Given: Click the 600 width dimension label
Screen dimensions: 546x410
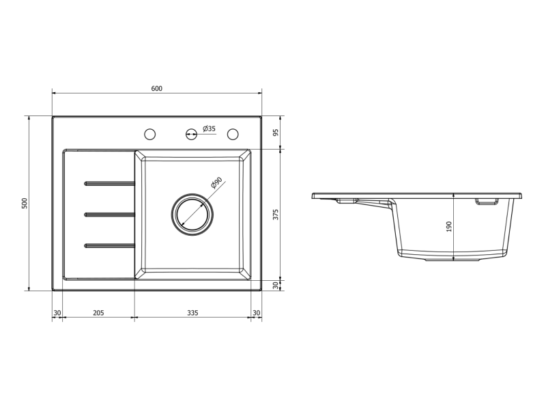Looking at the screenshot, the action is (157, 89).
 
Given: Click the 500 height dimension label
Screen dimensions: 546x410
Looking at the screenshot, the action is (24, 203).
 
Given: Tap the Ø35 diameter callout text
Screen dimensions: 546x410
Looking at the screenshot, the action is (210, 128).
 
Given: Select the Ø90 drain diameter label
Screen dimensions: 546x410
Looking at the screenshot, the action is (216, 182).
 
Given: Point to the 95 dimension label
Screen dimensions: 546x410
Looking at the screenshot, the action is (276, 133).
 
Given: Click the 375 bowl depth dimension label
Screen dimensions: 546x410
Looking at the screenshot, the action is (276, 215).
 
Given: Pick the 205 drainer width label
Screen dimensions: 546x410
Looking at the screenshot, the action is (98, 313).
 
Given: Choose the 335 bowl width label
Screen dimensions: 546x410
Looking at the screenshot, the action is (192, 313).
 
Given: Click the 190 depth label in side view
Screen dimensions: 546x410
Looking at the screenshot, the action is (448, 227).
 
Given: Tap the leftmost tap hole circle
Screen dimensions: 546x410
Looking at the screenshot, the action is (149, 134).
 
